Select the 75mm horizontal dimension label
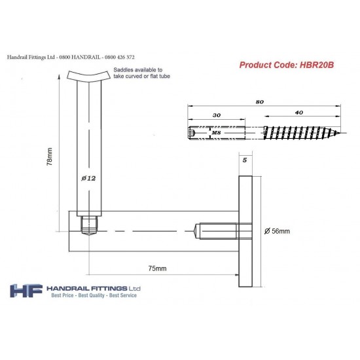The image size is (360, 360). coord(157,269)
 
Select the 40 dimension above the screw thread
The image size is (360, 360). coord(298,113)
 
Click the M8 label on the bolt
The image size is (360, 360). coord(217,133)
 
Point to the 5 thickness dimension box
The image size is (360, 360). coord(245,158)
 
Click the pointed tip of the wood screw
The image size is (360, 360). coord(338,133)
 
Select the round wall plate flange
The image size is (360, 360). coord(245,231)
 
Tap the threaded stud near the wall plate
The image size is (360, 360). coord(212,231)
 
